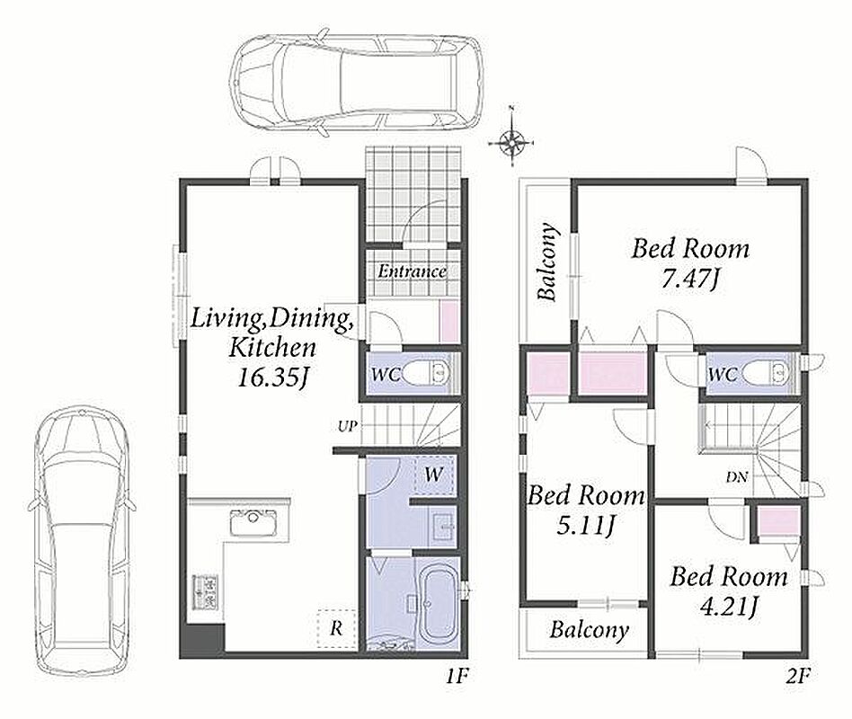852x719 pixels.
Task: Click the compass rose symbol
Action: (x=512, y=142)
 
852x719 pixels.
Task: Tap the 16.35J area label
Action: (x=273, y=377)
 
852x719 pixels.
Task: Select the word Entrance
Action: (x=413, y=271)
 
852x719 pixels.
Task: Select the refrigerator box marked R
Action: (x=337, y=628)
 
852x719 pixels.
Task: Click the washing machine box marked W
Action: (x=433, y=475)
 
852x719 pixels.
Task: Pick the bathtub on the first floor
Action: (x=439, y=604)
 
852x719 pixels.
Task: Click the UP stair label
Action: (x=348, y=426)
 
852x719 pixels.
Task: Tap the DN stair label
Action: (x=737, y=478)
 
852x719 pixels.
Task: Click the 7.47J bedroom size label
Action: (x=690, y=280)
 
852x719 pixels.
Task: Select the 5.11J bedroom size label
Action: (x=586, y=526)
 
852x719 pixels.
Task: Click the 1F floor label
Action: (x=457, y=676)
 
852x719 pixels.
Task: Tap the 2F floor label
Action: (x=798, y=676)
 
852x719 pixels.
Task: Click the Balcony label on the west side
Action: (x=547, y=262)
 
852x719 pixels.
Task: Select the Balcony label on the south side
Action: (x=590, y=630)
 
